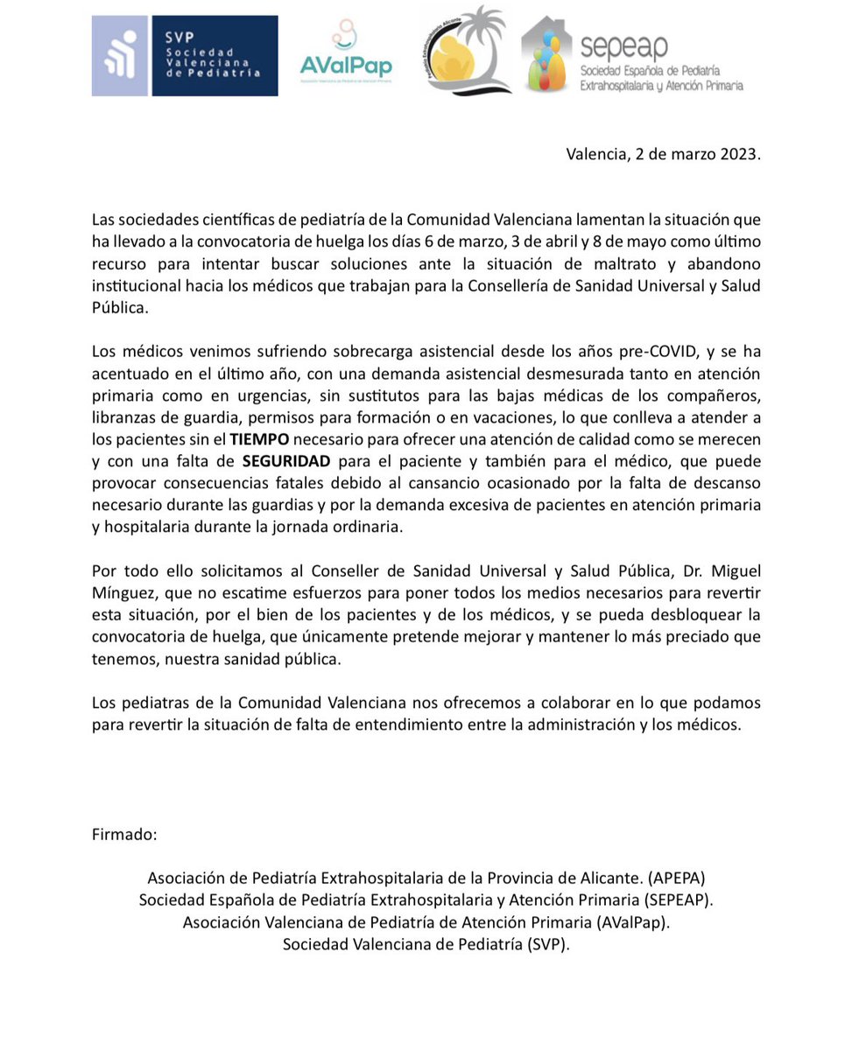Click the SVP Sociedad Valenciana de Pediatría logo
(185, 55)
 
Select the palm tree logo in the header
(466, 50)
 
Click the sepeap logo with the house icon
(632, 54)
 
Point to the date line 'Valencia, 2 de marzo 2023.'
(663, 155)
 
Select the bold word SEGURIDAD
(286, 460)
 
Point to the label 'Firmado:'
(124, 834)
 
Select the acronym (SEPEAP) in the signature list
(678, 899)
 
